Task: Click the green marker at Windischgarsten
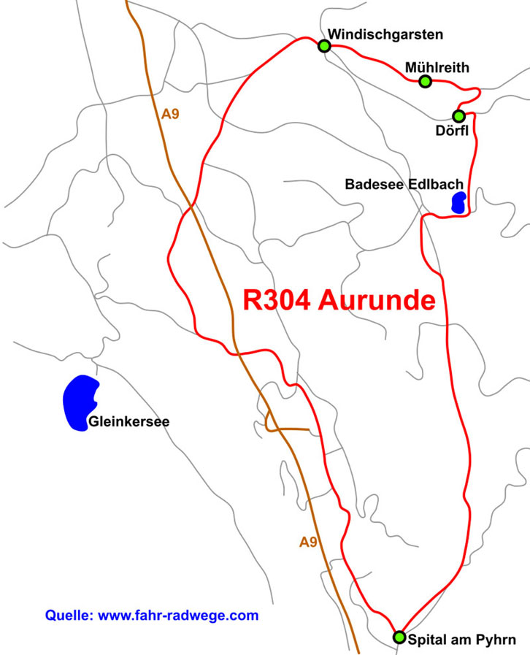[x=324, y=46]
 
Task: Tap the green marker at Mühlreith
[x=426, y=81]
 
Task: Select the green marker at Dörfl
[x=458, y=116]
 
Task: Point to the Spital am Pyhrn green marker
[x=399, y=637]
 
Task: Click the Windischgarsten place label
[x=385, y=34]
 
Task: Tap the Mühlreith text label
[x=437, y=68]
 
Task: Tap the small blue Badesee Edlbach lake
[x=458, y=202]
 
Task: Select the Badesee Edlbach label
[x=404, y=185]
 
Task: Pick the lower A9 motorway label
[x=308, y=541]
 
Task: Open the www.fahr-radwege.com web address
[x=178, y=616]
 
